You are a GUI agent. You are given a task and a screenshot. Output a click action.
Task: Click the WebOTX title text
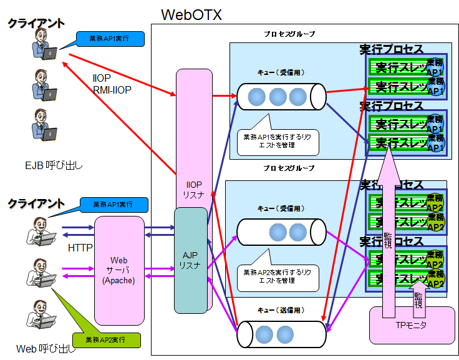pos(191,14)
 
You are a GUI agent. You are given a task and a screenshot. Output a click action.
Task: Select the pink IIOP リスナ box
pos(194,125)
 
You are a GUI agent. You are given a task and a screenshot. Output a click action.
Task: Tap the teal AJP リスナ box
pos(190,260)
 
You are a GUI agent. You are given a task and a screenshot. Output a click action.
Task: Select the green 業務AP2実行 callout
pos(106,339)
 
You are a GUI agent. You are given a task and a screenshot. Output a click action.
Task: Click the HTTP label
pos(80,248)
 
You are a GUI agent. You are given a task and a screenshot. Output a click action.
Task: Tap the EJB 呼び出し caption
pos(54,165)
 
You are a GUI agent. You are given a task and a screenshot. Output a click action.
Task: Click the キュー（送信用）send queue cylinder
pos(281,333)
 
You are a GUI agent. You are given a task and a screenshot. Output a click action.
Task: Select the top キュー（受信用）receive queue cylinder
pos(281,97)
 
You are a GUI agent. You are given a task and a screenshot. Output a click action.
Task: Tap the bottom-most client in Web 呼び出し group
pos(42,316)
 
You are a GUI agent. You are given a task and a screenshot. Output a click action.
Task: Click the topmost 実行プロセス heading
pos(391,49)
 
